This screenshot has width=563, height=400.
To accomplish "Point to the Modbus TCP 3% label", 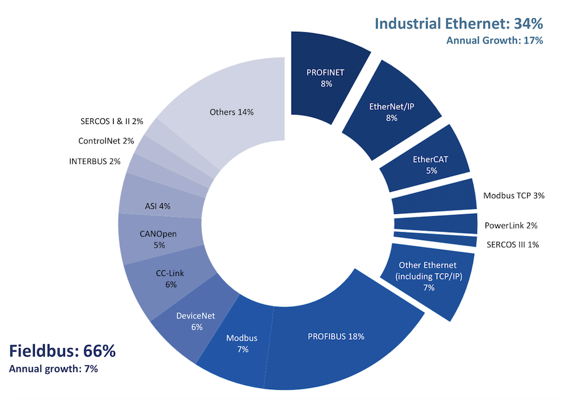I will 514,196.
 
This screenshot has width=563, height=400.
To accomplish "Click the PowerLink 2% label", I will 511,225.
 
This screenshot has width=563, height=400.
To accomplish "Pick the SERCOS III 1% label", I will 512,245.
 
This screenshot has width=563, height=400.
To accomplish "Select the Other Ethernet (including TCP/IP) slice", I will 428,277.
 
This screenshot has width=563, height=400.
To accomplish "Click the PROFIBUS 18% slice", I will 336,336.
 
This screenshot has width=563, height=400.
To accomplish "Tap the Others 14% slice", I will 231,112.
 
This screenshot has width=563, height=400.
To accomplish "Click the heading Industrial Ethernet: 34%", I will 458,24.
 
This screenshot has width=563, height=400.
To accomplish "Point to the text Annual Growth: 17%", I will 494,40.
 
